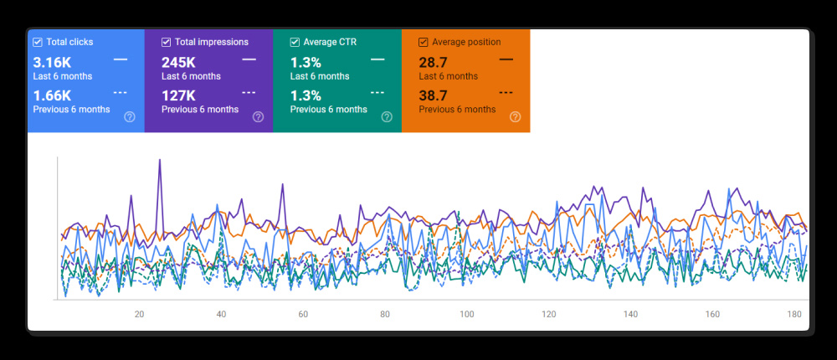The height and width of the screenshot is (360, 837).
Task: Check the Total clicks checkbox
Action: point(38,42)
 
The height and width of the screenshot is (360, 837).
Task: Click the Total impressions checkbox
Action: point(167,42)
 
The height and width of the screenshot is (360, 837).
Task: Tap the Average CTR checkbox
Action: point(295,42)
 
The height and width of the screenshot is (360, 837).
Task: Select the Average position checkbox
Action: point(424,42)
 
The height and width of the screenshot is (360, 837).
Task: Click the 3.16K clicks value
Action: point(52,62)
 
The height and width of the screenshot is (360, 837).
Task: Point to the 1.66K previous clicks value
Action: point(52,95)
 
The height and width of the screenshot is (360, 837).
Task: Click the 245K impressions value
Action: point(178,62)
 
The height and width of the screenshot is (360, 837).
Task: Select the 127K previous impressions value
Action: point(178,95)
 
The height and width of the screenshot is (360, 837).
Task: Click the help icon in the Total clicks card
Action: point(130,117)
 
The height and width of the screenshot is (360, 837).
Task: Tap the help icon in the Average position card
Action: point(515,117)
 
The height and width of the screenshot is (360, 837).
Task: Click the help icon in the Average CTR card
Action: point(387,117)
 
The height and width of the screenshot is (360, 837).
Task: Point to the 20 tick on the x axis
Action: point(139,315)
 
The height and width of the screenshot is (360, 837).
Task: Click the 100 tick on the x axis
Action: point(466,315)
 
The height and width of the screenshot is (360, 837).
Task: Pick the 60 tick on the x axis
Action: point(303,315)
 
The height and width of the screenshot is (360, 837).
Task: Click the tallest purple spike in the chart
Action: point(159,162)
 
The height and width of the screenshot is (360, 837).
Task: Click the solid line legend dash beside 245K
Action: point(249,59)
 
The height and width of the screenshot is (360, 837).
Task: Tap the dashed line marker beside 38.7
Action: point(506,93)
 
